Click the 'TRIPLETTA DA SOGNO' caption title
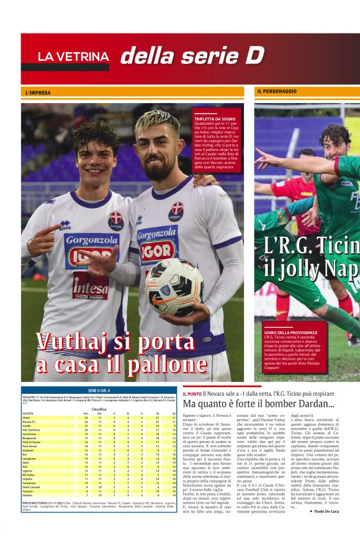tap(215, 118)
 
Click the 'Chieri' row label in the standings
tap(27, 418)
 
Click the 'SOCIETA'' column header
tap(29, 413)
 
